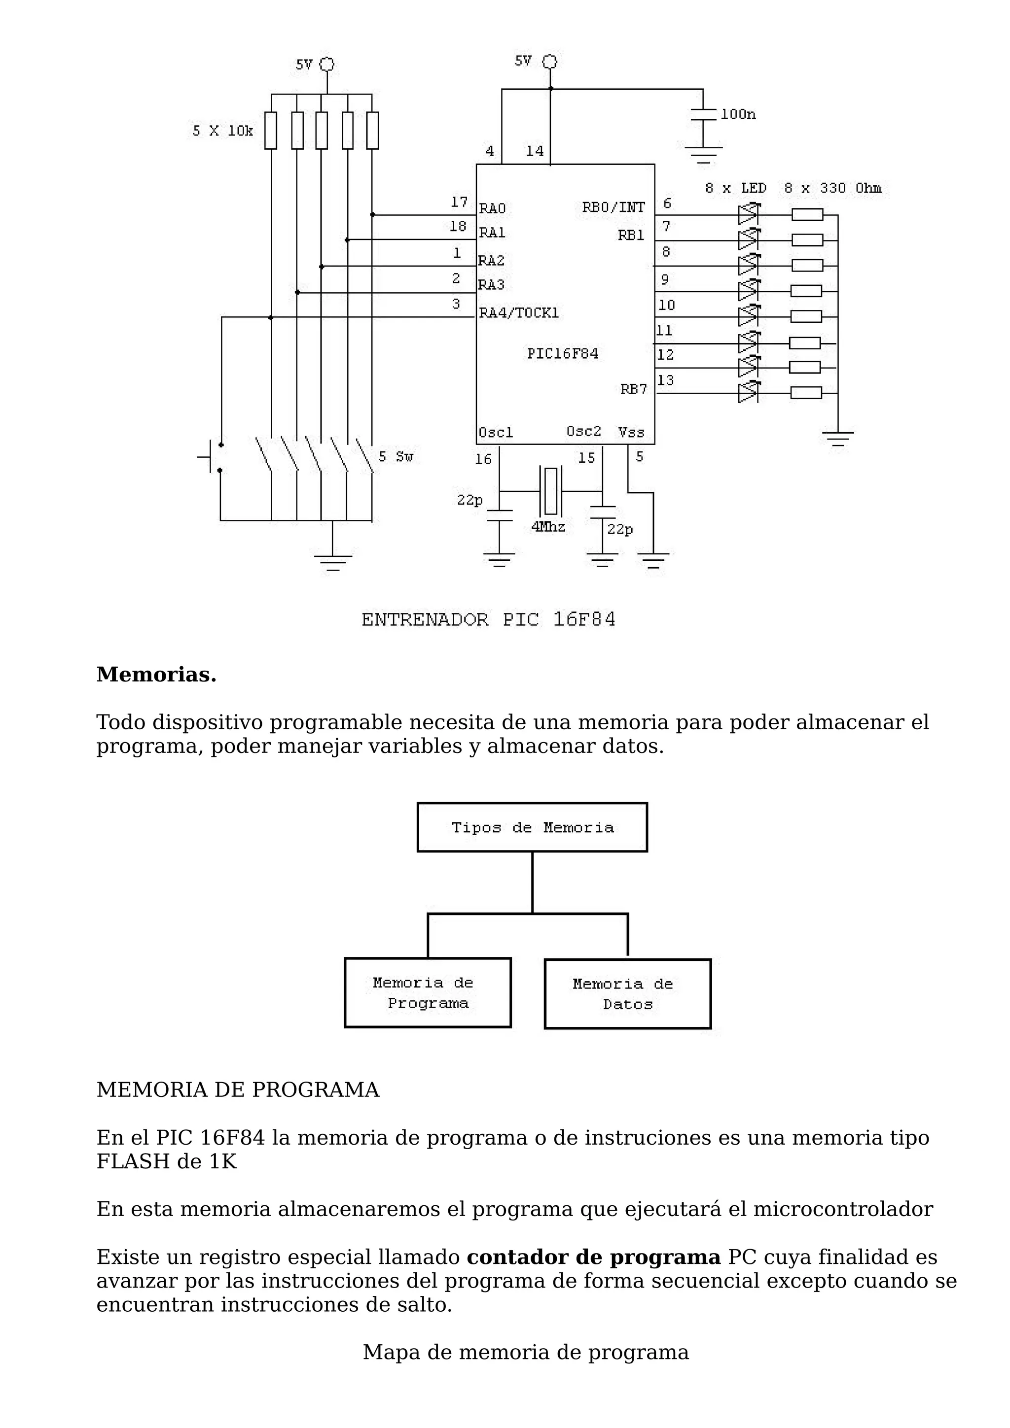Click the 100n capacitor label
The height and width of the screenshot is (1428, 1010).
[738, 114]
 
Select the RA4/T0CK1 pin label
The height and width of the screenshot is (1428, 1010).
[518, 313]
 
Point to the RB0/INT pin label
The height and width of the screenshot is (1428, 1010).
[613, 207]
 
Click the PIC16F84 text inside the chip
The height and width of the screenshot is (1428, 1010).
[563, 354]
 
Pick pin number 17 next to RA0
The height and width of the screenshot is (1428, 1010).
[459, 202]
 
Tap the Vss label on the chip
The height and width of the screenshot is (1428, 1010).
[631, 432]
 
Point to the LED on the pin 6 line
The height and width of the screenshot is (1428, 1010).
[748, 214]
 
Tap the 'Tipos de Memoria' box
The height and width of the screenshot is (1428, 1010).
[532, 827]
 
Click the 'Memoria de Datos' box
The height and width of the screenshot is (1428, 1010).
[627, 994]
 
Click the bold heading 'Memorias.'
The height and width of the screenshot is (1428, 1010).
[156, 674]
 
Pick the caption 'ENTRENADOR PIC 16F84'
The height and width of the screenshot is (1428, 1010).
[489, 620]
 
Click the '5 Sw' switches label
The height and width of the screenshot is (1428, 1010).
[396, 457]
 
